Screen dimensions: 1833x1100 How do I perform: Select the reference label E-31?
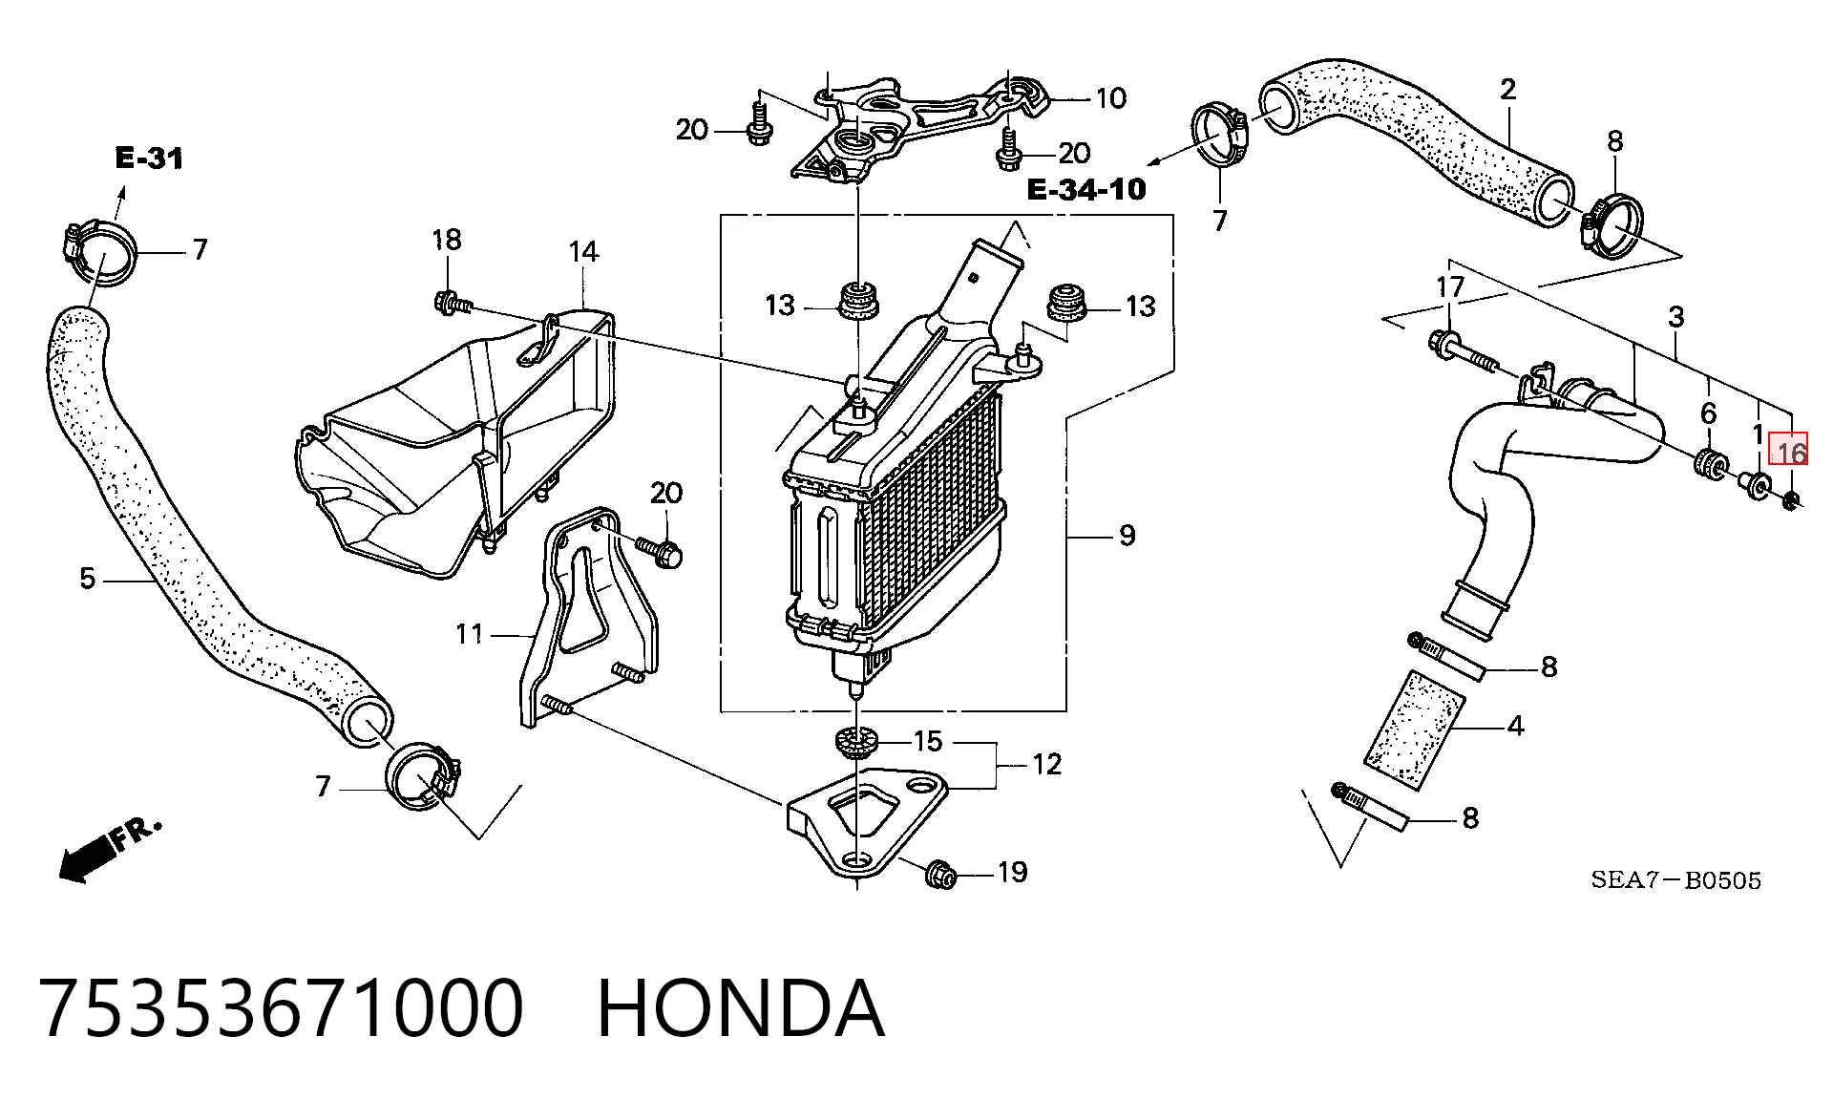tap(149, 158)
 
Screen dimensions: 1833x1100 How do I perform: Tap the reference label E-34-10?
tap(1085, 189)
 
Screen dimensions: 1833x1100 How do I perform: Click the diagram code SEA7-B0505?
tap(1675, 879)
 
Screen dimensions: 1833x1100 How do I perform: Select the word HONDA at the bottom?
tap(741, 1008)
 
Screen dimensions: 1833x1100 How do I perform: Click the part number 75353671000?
tap(283, 1008)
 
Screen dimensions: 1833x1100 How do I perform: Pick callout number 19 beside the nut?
tap(1012, 872)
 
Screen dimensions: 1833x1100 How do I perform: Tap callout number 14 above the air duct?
tap(583, 252)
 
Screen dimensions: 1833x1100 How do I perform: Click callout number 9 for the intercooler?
tap(1127, 535)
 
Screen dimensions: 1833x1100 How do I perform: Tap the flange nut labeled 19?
tap(939, 873)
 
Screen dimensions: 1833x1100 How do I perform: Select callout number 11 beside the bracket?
tap(469, 634)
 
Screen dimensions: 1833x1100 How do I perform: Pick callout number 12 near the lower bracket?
tap(1046, 764)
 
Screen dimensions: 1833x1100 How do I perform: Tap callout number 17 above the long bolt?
tap(1450, 286)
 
